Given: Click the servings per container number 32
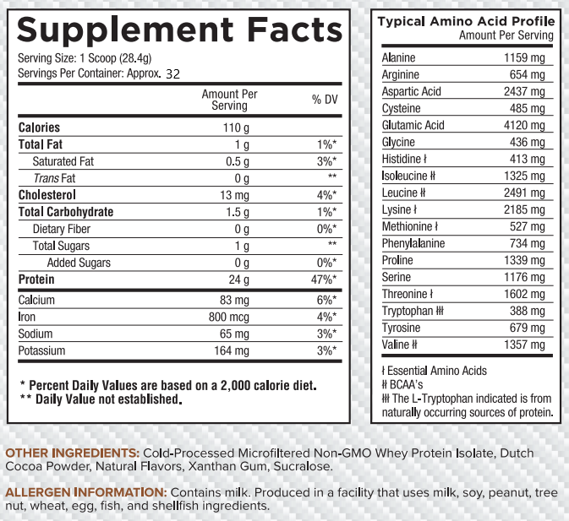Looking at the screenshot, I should pos(173,74).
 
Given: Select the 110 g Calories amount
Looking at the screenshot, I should pos(235,128).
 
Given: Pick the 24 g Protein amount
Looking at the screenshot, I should pos(238,279).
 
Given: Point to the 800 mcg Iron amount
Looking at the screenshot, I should pos(229,317).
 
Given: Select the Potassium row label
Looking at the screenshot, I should pos(42,350).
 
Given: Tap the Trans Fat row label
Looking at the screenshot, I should pos(54,178).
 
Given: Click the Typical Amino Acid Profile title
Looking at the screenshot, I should pos(466,21).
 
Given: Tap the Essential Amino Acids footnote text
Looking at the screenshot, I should pos(435,371).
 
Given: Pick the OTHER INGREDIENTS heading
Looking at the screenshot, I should pos(72,453).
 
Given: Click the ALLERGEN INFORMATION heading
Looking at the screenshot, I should pos(85,491).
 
